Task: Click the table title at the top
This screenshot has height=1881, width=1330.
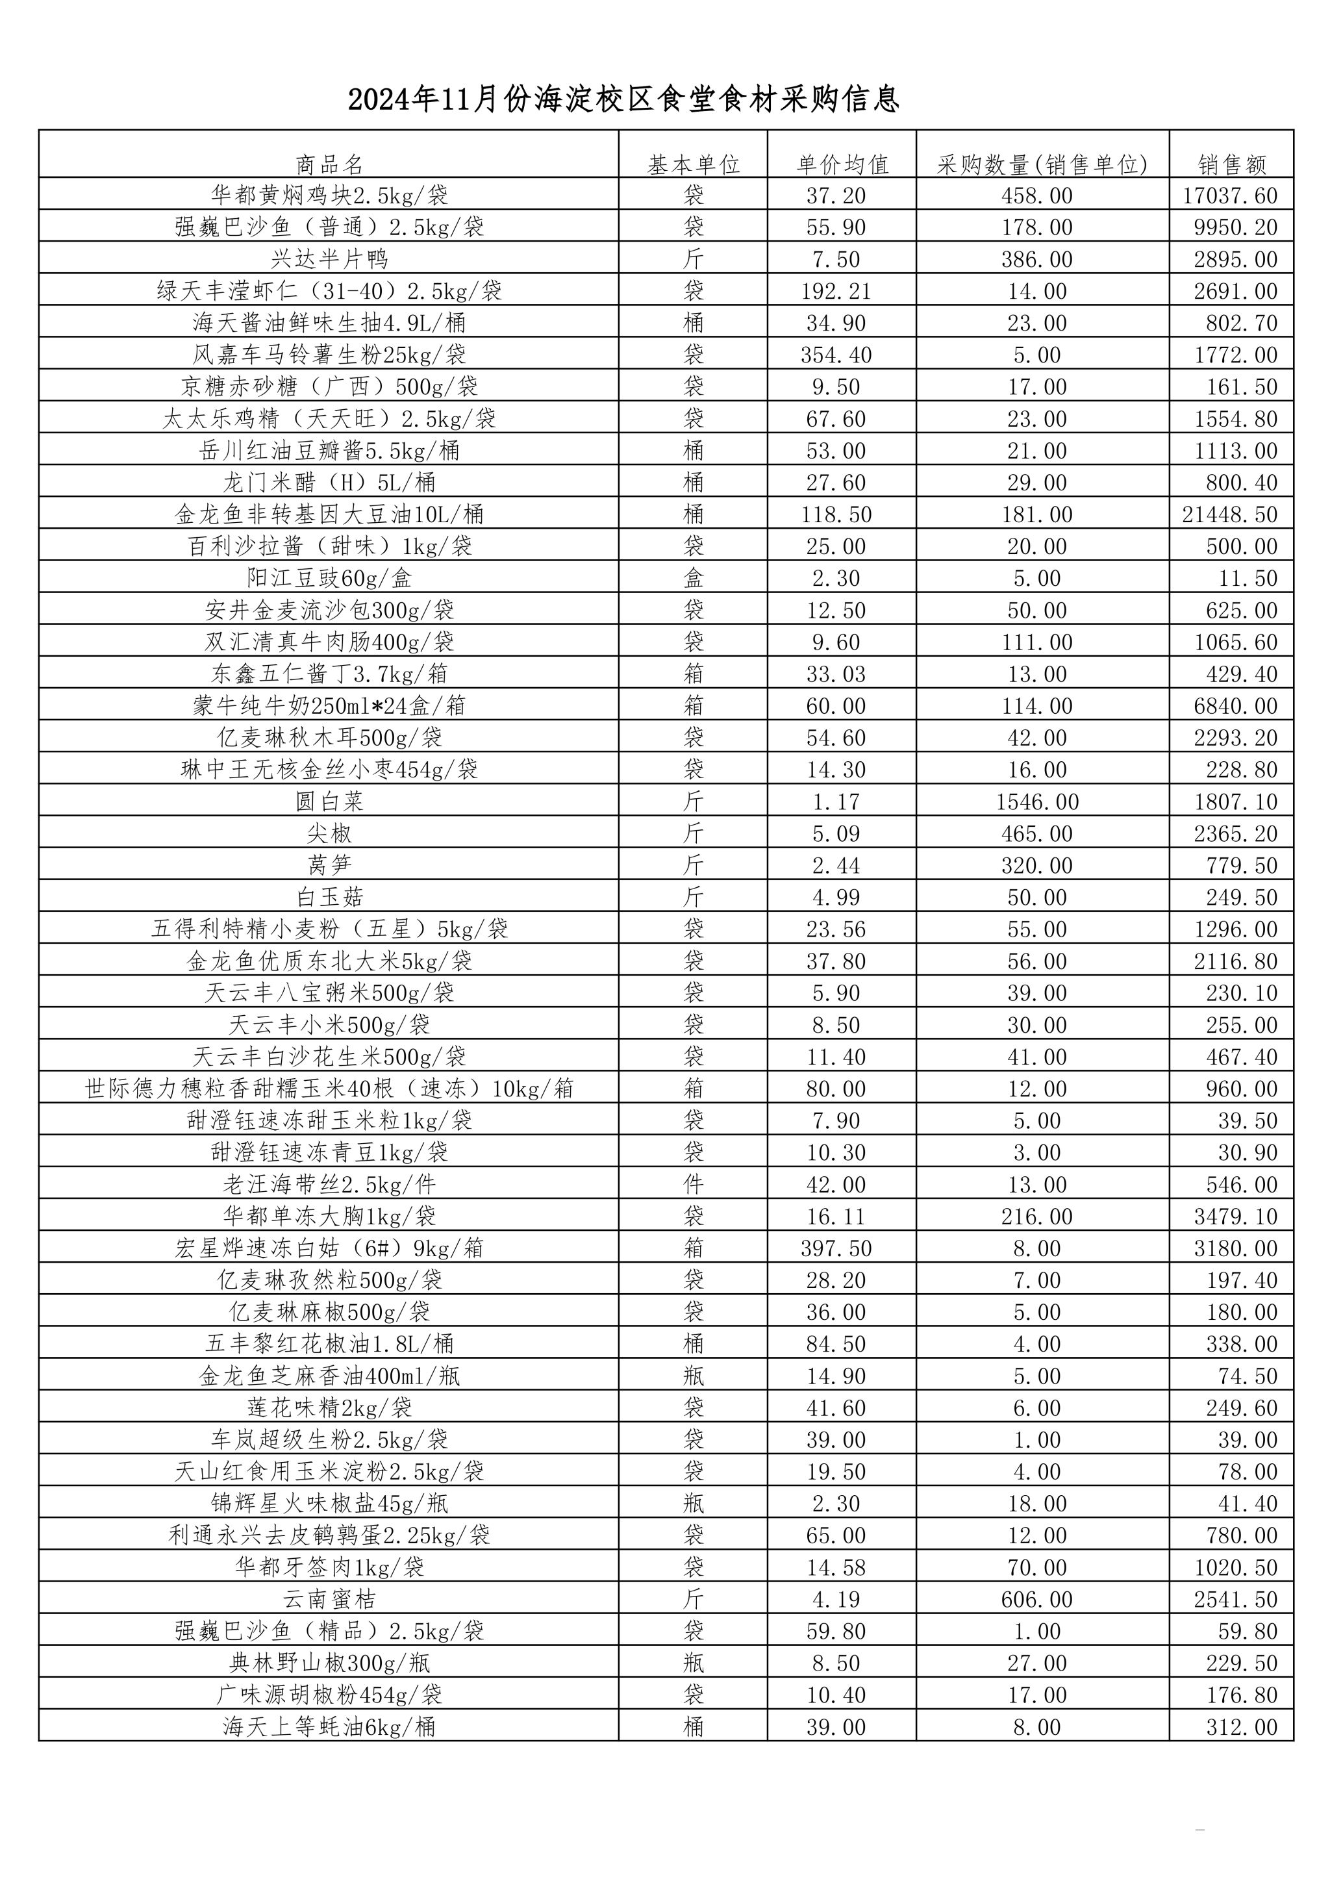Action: [624, 99]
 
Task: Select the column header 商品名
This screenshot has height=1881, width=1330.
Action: [329, 165]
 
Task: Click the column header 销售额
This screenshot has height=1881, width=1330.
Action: [1232, 165]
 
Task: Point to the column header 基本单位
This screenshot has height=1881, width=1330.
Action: [694, 165]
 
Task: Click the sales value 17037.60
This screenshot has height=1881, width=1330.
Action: [1230, 196]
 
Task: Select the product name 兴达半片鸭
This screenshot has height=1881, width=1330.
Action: [329, 260]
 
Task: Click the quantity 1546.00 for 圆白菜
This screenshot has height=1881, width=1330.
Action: [1037, 802]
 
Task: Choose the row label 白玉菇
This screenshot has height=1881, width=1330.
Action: [329, 897]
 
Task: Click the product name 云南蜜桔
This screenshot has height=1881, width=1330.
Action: [329, 1599]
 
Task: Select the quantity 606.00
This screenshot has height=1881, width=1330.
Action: [1037, 1599]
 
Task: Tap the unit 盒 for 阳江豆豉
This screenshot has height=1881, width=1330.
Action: [694, 578]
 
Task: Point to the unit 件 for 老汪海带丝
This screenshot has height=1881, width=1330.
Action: [694, 1185]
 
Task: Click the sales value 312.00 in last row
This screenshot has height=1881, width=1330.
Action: [1242, 1727]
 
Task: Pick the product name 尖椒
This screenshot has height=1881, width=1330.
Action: [329, 834]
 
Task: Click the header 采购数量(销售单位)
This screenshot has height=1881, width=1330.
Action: [1042, 165]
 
